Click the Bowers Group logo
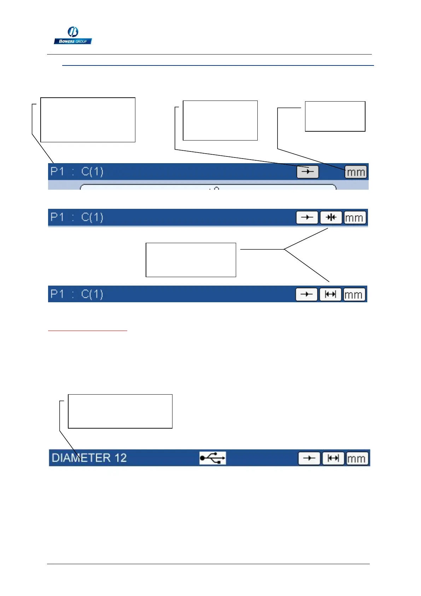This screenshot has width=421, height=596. (x=73, y=36)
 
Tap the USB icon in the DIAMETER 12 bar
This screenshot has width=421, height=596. (x=212, y=458)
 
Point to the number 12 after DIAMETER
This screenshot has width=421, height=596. (x=120, y=458)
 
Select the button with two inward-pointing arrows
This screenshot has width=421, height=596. (x=331, y=217)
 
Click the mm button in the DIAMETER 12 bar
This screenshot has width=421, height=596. (x=357, y=459)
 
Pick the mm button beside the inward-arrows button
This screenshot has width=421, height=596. (x=355, y=218)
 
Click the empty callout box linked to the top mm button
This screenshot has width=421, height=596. (x=335, y=116)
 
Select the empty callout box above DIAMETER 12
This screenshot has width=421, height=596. (x=120, y=411)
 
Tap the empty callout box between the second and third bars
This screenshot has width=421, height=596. (x=191, y=260)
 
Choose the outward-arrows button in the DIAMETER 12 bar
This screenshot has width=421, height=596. (x=333, y=458)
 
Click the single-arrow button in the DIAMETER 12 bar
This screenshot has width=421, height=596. (x=309, y=458)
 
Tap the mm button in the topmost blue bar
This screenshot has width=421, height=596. (x=356, y=172)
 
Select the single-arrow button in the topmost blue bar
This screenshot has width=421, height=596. (x=308, y=172)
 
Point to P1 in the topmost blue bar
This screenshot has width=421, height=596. (x=57, y=172)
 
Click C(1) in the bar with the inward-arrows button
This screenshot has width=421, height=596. (x=92, y=217)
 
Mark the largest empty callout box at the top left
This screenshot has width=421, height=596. (x=88, y=120)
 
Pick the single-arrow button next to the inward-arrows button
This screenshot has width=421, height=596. (x=307, y=217)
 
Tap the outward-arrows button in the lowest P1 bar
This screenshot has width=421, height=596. (x=331, y=294)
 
